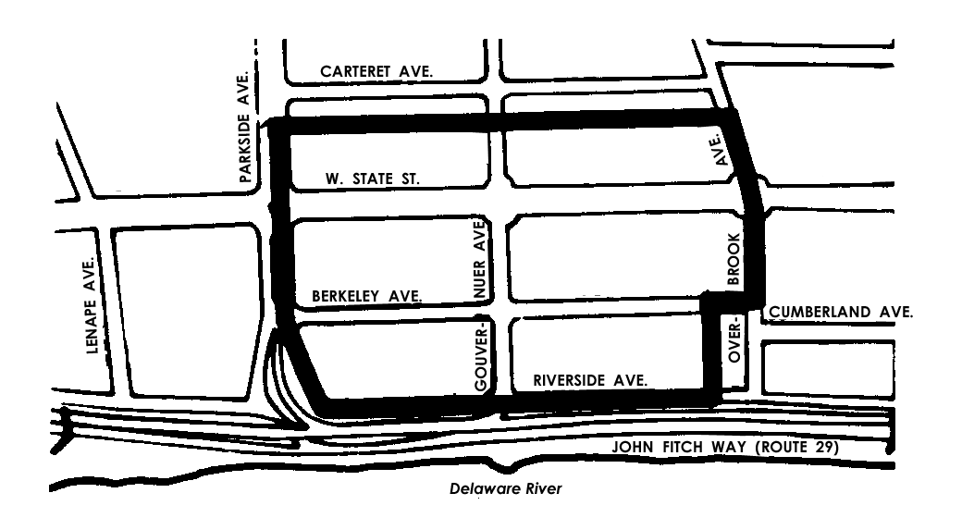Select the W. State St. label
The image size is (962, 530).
pos(373,179)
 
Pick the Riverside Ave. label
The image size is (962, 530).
pos(589,380)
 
